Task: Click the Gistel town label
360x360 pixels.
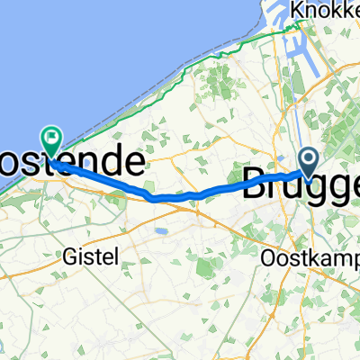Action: [x=92, y=256]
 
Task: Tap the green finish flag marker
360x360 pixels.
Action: [x=53, y=139]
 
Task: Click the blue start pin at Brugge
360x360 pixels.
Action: [x=309, y=162]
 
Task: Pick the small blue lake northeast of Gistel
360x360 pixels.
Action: [x=161, y=230]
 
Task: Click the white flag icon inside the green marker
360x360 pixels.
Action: [x=53, y=139]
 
